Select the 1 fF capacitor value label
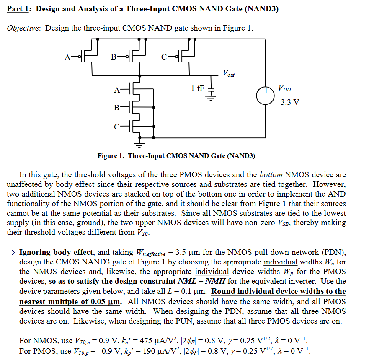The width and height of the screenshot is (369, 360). coord(198,88)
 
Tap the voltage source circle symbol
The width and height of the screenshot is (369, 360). coord(265,94)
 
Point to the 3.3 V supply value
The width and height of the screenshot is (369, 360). coord(290,102)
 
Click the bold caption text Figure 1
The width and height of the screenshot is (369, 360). coord(110,156)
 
